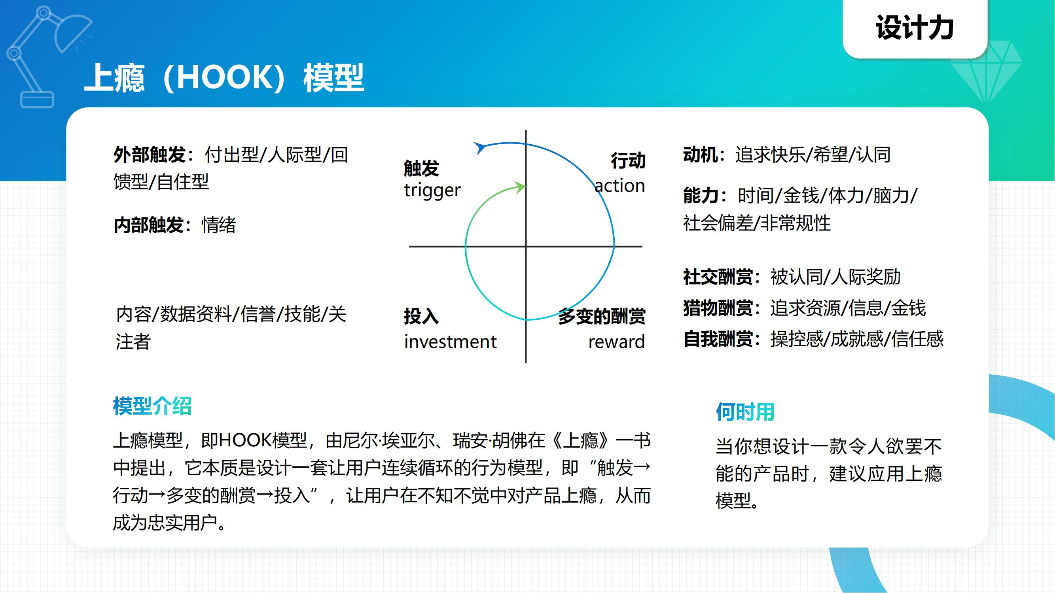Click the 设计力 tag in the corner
tap(915, 28)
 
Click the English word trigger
tap(432, 190)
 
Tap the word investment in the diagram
tap(450, 341)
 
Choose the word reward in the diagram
tap(616, 341)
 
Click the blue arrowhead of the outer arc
tap(479, 147)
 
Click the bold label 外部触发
tap(150, 155)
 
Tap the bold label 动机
tap(700, 155)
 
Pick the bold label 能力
tap(701, 195)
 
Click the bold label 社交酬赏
tap(718, 277)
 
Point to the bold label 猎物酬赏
tap(718, 308)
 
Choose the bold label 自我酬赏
tap(718, 339)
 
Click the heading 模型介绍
tap(152, 406)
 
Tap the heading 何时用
tap(744, 412)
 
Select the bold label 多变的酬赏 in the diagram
tap(601, 316)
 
